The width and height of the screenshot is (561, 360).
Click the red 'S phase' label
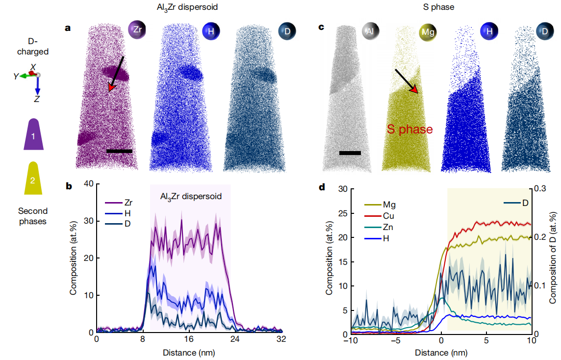(x=410, y=129)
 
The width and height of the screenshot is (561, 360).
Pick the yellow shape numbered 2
(x=33, y=180)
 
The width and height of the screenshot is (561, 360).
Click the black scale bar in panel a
(x=119, y=151)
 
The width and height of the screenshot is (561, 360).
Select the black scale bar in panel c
(x=350, y=153)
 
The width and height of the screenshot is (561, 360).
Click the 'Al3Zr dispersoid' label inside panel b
(x=191, y=196)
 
